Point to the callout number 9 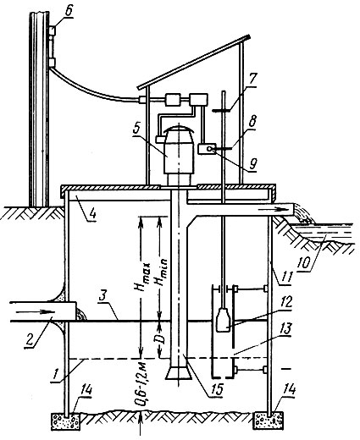point(253,162)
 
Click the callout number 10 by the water point(305,263)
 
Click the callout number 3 point(103,296)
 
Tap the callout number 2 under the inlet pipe point(30,340)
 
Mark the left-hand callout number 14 point(86,391)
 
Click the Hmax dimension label point(142,277)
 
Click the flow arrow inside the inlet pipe point(36,311)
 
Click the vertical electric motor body point(179,155)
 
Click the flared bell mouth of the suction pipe point(179,372)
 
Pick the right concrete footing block point(269,421)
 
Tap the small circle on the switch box point(209,149)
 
